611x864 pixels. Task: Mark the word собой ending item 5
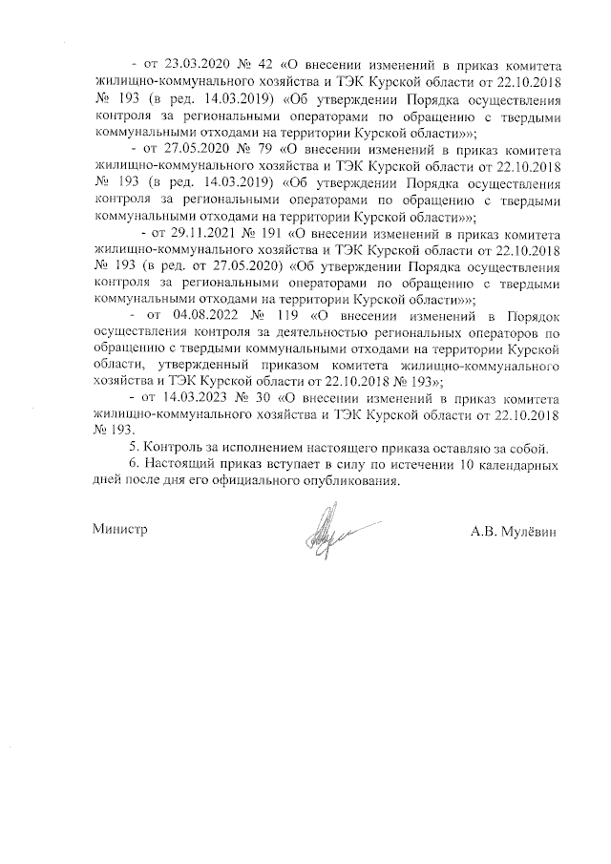click(527, 449)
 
